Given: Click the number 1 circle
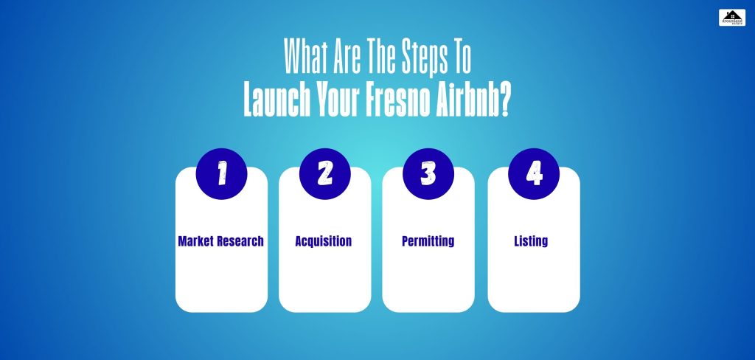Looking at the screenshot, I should [221, 173].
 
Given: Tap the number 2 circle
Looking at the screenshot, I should [325, 173].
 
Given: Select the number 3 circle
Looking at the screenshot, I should [428, 173].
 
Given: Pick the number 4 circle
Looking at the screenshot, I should [534, 173].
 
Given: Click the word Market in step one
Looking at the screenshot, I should [196, 241].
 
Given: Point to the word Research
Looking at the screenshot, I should [240, 241].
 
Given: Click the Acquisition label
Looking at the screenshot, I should [324, 241].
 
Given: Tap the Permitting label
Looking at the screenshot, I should [428, 241].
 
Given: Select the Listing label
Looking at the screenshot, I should [531, 241].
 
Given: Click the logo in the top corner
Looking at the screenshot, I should [732, 18].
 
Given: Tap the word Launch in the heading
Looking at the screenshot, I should [273, 103].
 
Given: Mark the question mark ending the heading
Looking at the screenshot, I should [504, 103].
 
